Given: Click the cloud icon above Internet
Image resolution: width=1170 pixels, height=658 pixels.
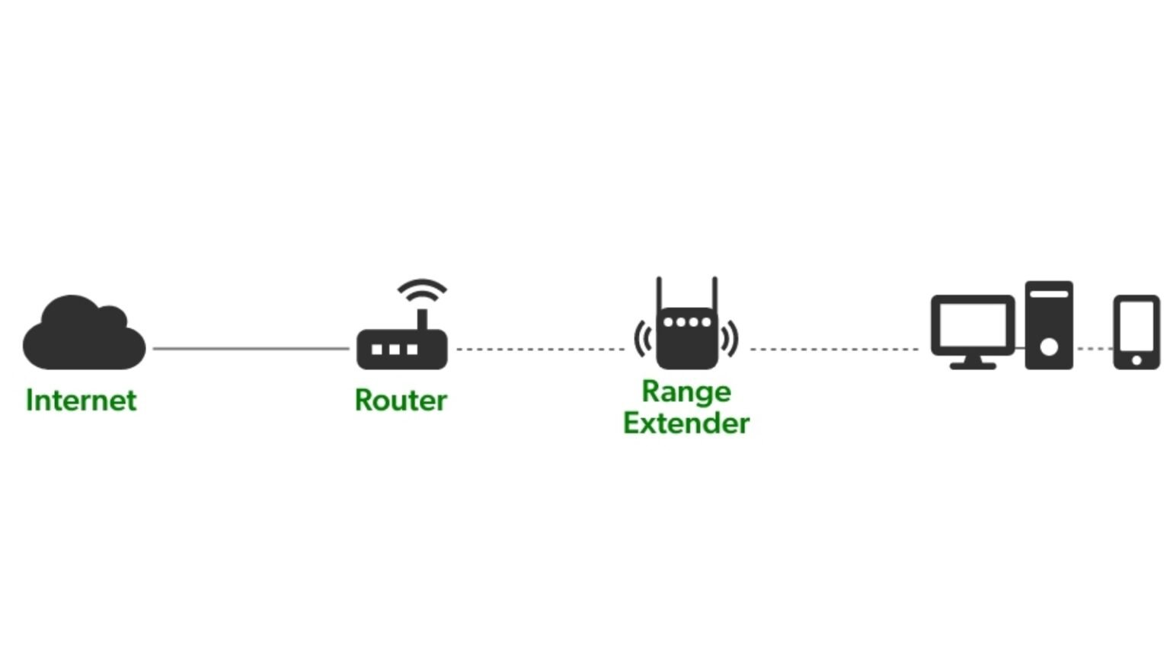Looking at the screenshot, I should (84, 335).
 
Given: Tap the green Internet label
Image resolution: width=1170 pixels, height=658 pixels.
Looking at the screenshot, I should (81, 401).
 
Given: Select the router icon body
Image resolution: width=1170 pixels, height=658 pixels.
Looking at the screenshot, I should (401, 350).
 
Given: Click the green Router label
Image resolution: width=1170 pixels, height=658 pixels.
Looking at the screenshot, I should (401, 401).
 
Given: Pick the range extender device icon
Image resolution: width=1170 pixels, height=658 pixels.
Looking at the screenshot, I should (686, 338).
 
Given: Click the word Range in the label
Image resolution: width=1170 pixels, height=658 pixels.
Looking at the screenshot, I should (686, 391).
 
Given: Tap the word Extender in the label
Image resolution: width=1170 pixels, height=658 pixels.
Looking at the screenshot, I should (686, 423).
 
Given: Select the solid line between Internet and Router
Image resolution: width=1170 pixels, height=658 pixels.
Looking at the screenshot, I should (251, 349).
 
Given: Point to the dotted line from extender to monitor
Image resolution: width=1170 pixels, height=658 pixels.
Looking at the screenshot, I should (834, 350).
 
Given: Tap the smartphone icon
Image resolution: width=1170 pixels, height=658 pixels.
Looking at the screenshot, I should (1136, 332).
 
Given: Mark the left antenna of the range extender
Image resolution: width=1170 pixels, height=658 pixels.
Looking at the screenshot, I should (660, 293).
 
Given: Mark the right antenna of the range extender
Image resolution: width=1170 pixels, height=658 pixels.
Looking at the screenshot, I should (714, 293).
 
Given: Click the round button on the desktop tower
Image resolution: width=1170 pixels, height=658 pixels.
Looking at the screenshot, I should (1049, 347).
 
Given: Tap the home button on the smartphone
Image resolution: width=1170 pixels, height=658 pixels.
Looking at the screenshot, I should (1136, 360).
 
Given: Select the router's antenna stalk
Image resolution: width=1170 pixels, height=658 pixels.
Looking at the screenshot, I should (422, 318).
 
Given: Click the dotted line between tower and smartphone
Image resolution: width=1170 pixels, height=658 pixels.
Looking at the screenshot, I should (1094, 349).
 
